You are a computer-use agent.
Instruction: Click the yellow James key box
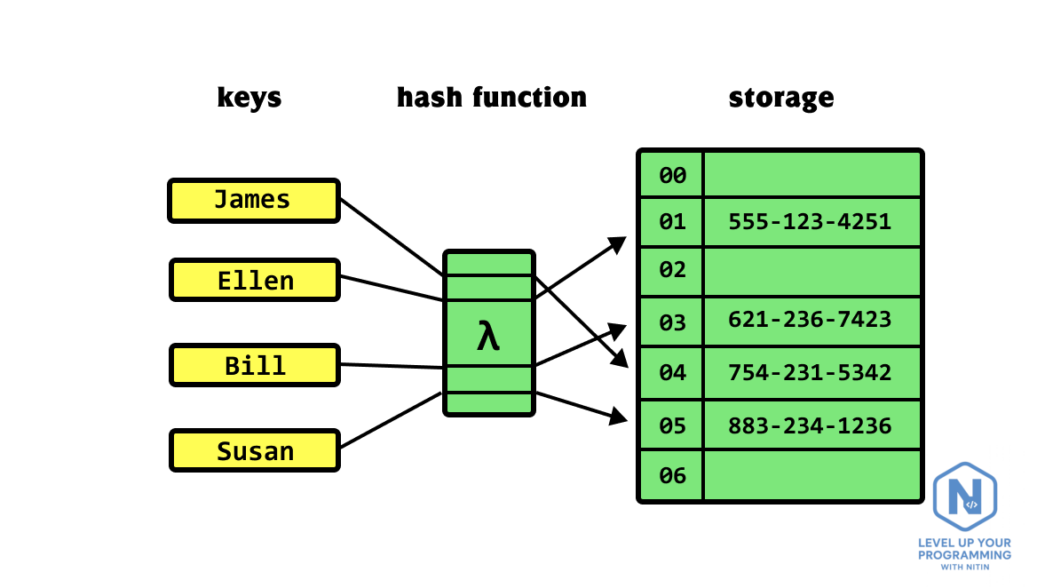coord(254,201)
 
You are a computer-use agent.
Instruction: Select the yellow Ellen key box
coord(255,280)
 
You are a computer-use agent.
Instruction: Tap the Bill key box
coord(255,365)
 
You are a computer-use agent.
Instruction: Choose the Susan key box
coord(255,450)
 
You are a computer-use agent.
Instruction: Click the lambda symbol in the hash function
coord(488,336)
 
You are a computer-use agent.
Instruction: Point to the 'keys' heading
coord(249,98)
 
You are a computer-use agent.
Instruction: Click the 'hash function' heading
coord(491,97)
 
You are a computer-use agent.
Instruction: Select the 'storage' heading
coord(781,98)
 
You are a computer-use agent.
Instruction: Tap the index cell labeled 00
coord(672,175)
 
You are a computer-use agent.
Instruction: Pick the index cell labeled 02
coord(672,271)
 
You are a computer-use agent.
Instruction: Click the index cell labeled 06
coord(672,475)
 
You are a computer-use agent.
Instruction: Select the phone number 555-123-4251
coord(810,221)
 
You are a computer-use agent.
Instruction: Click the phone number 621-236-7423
coord(810,320)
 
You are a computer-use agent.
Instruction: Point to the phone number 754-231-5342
coord(810,372)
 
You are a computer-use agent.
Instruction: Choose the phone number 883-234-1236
coord(810,425)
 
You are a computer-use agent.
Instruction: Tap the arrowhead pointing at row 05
coord(618,416)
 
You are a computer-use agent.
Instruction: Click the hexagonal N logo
coord(965,496)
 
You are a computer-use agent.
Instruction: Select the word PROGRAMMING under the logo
coord(964,555)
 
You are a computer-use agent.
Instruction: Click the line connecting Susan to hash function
coord(391,420)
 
